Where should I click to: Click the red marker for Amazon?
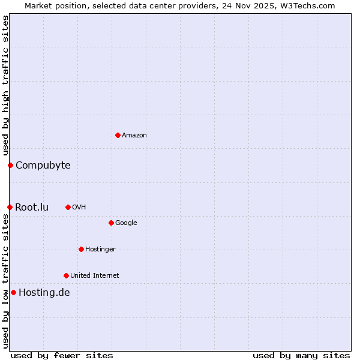[118, 135]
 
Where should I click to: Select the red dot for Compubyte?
[10, 165]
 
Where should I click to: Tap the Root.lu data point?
[10, 207]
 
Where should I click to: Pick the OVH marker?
[68, 207]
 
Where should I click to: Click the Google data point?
[111, 223]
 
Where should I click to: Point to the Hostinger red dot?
[81, 249]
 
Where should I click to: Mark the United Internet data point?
[66, 275]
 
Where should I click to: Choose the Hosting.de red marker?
[13, 292]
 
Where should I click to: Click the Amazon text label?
[134, 136]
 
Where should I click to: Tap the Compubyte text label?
[43, 165]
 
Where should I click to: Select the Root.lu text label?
[32, 207]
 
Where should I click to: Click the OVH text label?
[79, 208]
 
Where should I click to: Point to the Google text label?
[126, 223]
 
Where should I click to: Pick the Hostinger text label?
[100, 250]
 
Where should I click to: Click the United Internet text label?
[95, 276]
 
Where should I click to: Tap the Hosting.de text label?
[44, 293]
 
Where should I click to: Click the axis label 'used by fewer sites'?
[62, 355]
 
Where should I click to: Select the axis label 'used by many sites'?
[301, 355]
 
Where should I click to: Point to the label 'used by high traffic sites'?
[5, 85]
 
